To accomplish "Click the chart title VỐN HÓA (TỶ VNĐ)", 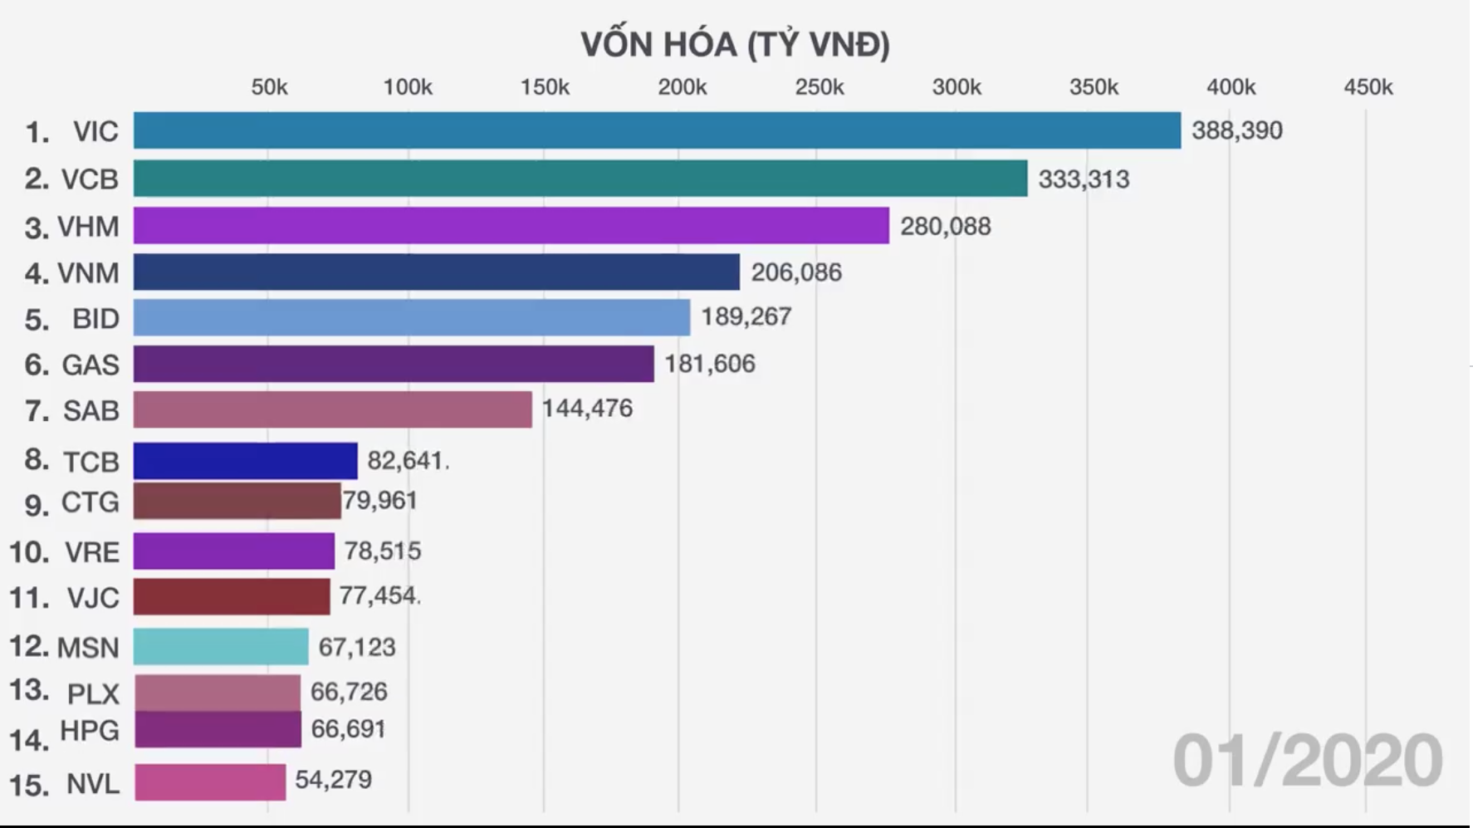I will click(735, 45).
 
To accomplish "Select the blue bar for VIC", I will click(656, 130).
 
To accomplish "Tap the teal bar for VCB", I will click(580, 179).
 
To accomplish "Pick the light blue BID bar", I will click(411, 317).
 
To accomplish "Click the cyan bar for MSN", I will click(221, 646).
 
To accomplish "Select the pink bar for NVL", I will click(210, 781).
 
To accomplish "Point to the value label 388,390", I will click(1236, 130).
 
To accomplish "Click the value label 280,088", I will click(945, 226).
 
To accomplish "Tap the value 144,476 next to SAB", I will click(587, 409).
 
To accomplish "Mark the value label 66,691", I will click(348, 729).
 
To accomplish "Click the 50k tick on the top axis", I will click(269, 87).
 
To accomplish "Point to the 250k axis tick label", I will click(819, 87).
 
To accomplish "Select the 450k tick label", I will click(1368, 87).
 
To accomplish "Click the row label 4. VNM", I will click(71, 273).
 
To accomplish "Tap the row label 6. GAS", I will click(71, 365).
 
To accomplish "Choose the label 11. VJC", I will click(65, 598).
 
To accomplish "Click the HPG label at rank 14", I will click(89, 731).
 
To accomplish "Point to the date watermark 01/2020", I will click(1307, 761).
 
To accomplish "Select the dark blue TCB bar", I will click(245, 461).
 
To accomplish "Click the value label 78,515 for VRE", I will click(383, 551).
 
